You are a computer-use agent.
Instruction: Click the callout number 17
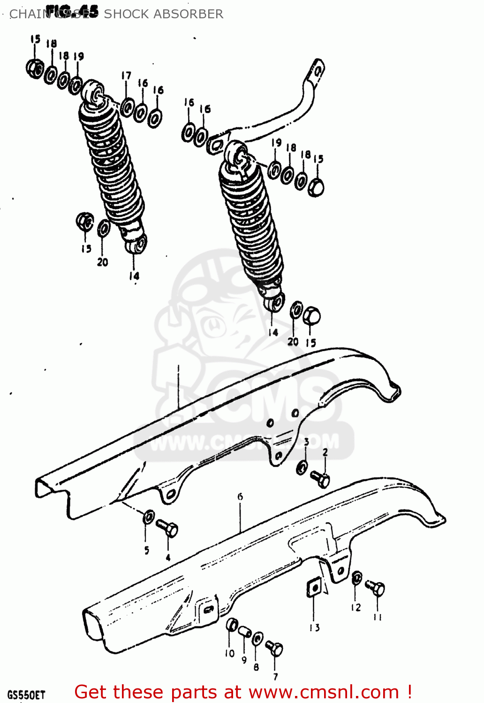pyautogui.click(x=126, y=76)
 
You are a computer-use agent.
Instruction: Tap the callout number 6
pyautogui.click(x=240, y=496)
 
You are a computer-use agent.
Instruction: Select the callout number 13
pyautogui.click(x=314, y=628)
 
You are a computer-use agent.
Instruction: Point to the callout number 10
pyautogui.click(x=229, y=653)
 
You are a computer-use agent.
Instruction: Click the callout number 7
pyautogui.click(x=275, y=676)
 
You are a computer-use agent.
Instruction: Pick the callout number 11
pyautogui.click(x=378, y=617)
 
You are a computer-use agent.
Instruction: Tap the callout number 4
pyautogui.click(x=168, y=557)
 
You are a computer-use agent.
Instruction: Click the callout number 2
pyautogui.click(x=325, y=452)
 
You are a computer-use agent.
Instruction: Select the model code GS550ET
pyautogui.click(x=26, y=694)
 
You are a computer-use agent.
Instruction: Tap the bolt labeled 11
pyautogui.click(x=375, y=588)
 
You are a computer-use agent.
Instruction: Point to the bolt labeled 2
pyautogui.click(x=320, y=479)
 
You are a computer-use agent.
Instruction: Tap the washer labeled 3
pyautogui.click(x=302, y=467)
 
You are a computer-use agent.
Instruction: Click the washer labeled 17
pyautogui.click(x=127, y=107)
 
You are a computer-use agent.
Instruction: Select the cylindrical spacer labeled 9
pyautogui.click(x=244, y=632)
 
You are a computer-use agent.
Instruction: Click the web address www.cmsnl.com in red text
pyautogui.click(x=324, y=692)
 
